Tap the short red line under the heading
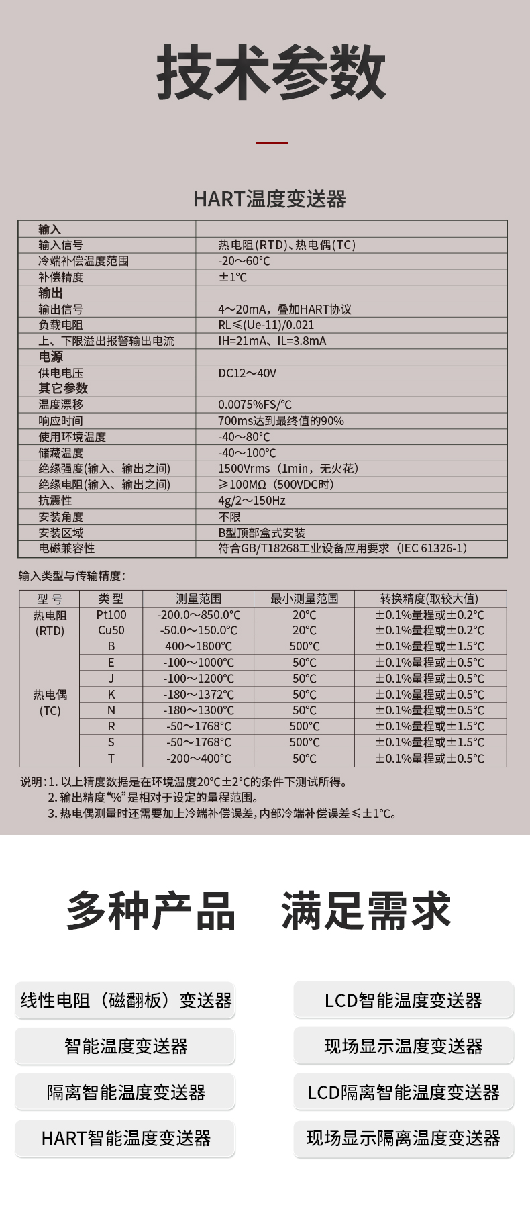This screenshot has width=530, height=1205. point(272,142)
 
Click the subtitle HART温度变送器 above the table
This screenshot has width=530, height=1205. point(269,199)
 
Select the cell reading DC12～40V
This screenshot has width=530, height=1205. point(247,373)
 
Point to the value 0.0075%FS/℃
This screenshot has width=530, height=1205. point(255,405)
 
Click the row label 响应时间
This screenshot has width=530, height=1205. point(61,421)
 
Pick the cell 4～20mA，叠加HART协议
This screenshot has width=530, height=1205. point(284,309)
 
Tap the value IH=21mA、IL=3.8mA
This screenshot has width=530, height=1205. point(272,341)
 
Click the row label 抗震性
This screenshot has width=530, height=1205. point(55,501)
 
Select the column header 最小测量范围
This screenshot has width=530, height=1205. point(304,599)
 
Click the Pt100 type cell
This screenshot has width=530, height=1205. point(111,615)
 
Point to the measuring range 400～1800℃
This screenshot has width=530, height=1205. point(199,646)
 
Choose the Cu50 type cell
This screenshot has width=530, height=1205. point(111,630)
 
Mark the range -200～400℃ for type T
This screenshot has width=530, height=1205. point(199,759)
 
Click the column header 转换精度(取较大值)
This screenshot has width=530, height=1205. point(429,599)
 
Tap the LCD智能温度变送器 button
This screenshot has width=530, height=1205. point(403,1000)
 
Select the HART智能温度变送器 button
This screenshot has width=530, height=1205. point(125,1138)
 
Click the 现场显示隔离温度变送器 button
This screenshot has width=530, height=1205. point(403,1138)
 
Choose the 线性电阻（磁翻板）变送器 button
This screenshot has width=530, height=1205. point(125,1000)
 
